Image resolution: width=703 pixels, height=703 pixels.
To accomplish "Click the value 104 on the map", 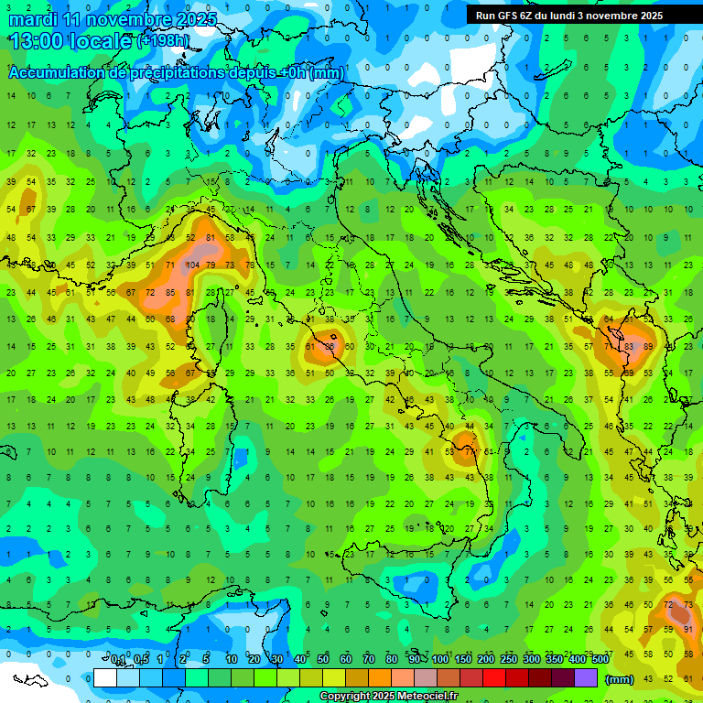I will (191, 265).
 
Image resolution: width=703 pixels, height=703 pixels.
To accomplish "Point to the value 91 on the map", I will (688, 629).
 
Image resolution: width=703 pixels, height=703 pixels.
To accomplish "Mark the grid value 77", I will (469, 450).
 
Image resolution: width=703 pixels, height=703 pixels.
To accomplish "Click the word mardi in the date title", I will (33, 19).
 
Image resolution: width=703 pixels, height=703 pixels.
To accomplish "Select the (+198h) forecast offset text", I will (162, 41).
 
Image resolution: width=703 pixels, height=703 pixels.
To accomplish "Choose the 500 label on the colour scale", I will (600, 660).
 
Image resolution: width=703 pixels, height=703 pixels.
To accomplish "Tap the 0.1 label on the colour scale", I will (119, 660).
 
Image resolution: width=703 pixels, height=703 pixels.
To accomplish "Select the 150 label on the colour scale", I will (462, 660).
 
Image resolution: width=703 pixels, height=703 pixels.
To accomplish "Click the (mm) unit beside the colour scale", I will (620, 678).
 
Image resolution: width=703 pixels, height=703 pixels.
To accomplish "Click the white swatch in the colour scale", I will (105, 677).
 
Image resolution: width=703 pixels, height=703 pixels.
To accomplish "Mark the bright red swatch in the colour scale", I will (494, 677).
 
